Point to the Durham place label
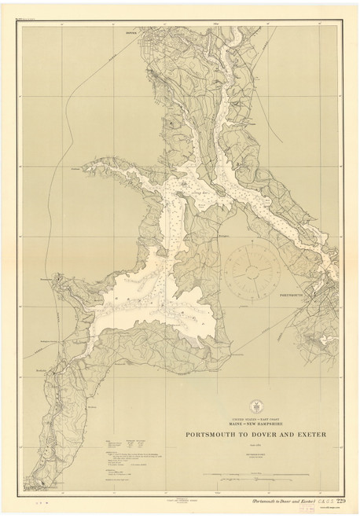[75, 168]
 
